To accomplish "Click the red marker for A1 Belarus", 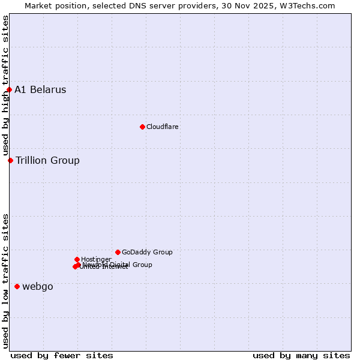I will (x=9, y=90).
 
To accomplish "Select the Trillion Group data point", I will (x=10, y=160).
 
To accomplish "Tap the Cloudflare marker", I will (x=142, y=127).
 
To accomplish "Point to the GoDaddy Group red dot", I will (x=118, y=252).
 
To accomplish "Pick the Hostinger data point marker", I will (x=77, y=259).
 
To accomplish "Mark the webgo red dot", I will (x=17, y=287).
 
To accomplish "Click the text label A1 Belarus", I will (x=40, y=90).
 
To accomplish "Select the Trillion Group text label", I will (x=47, y=160).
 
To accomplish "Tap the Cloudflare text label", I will (x=163, y=127).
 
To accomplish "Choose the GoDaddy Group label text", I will (x=147, y=252).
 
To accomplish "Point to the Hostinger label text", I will (x=96, y=259).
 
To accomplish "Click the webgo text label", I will (x=38, y=287).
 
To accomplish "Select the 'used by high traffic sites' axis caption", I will (x=5, y=86).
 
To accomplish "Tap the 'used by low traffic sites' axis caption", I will (x=5, y=281).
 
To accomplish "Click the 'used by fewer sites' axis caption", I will (x=62, y=355).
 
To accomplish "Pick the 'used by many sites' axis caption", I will (x=301, y=355).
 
